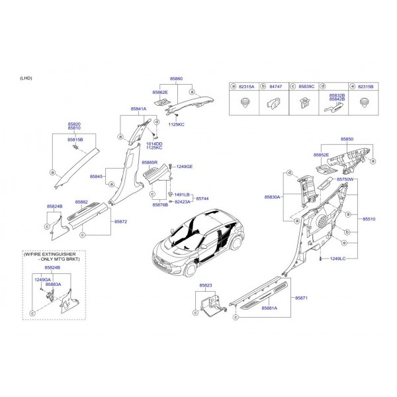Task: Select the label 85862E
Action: click(160, 93)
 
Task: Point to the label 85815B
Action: click(75, 140)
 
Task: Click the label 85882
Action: click(82, 202)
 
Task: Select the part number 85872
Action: click(120, 221)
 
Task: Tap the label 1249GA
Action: click(43, 279)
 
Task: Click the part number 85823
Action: click(206, 286)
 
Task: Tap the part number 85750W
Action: click(345, 179)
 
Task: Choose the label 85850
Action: click(347, 140)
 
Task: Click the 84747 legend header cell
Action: click(277, 86)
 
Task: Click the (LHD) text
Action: click(27, 78)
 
